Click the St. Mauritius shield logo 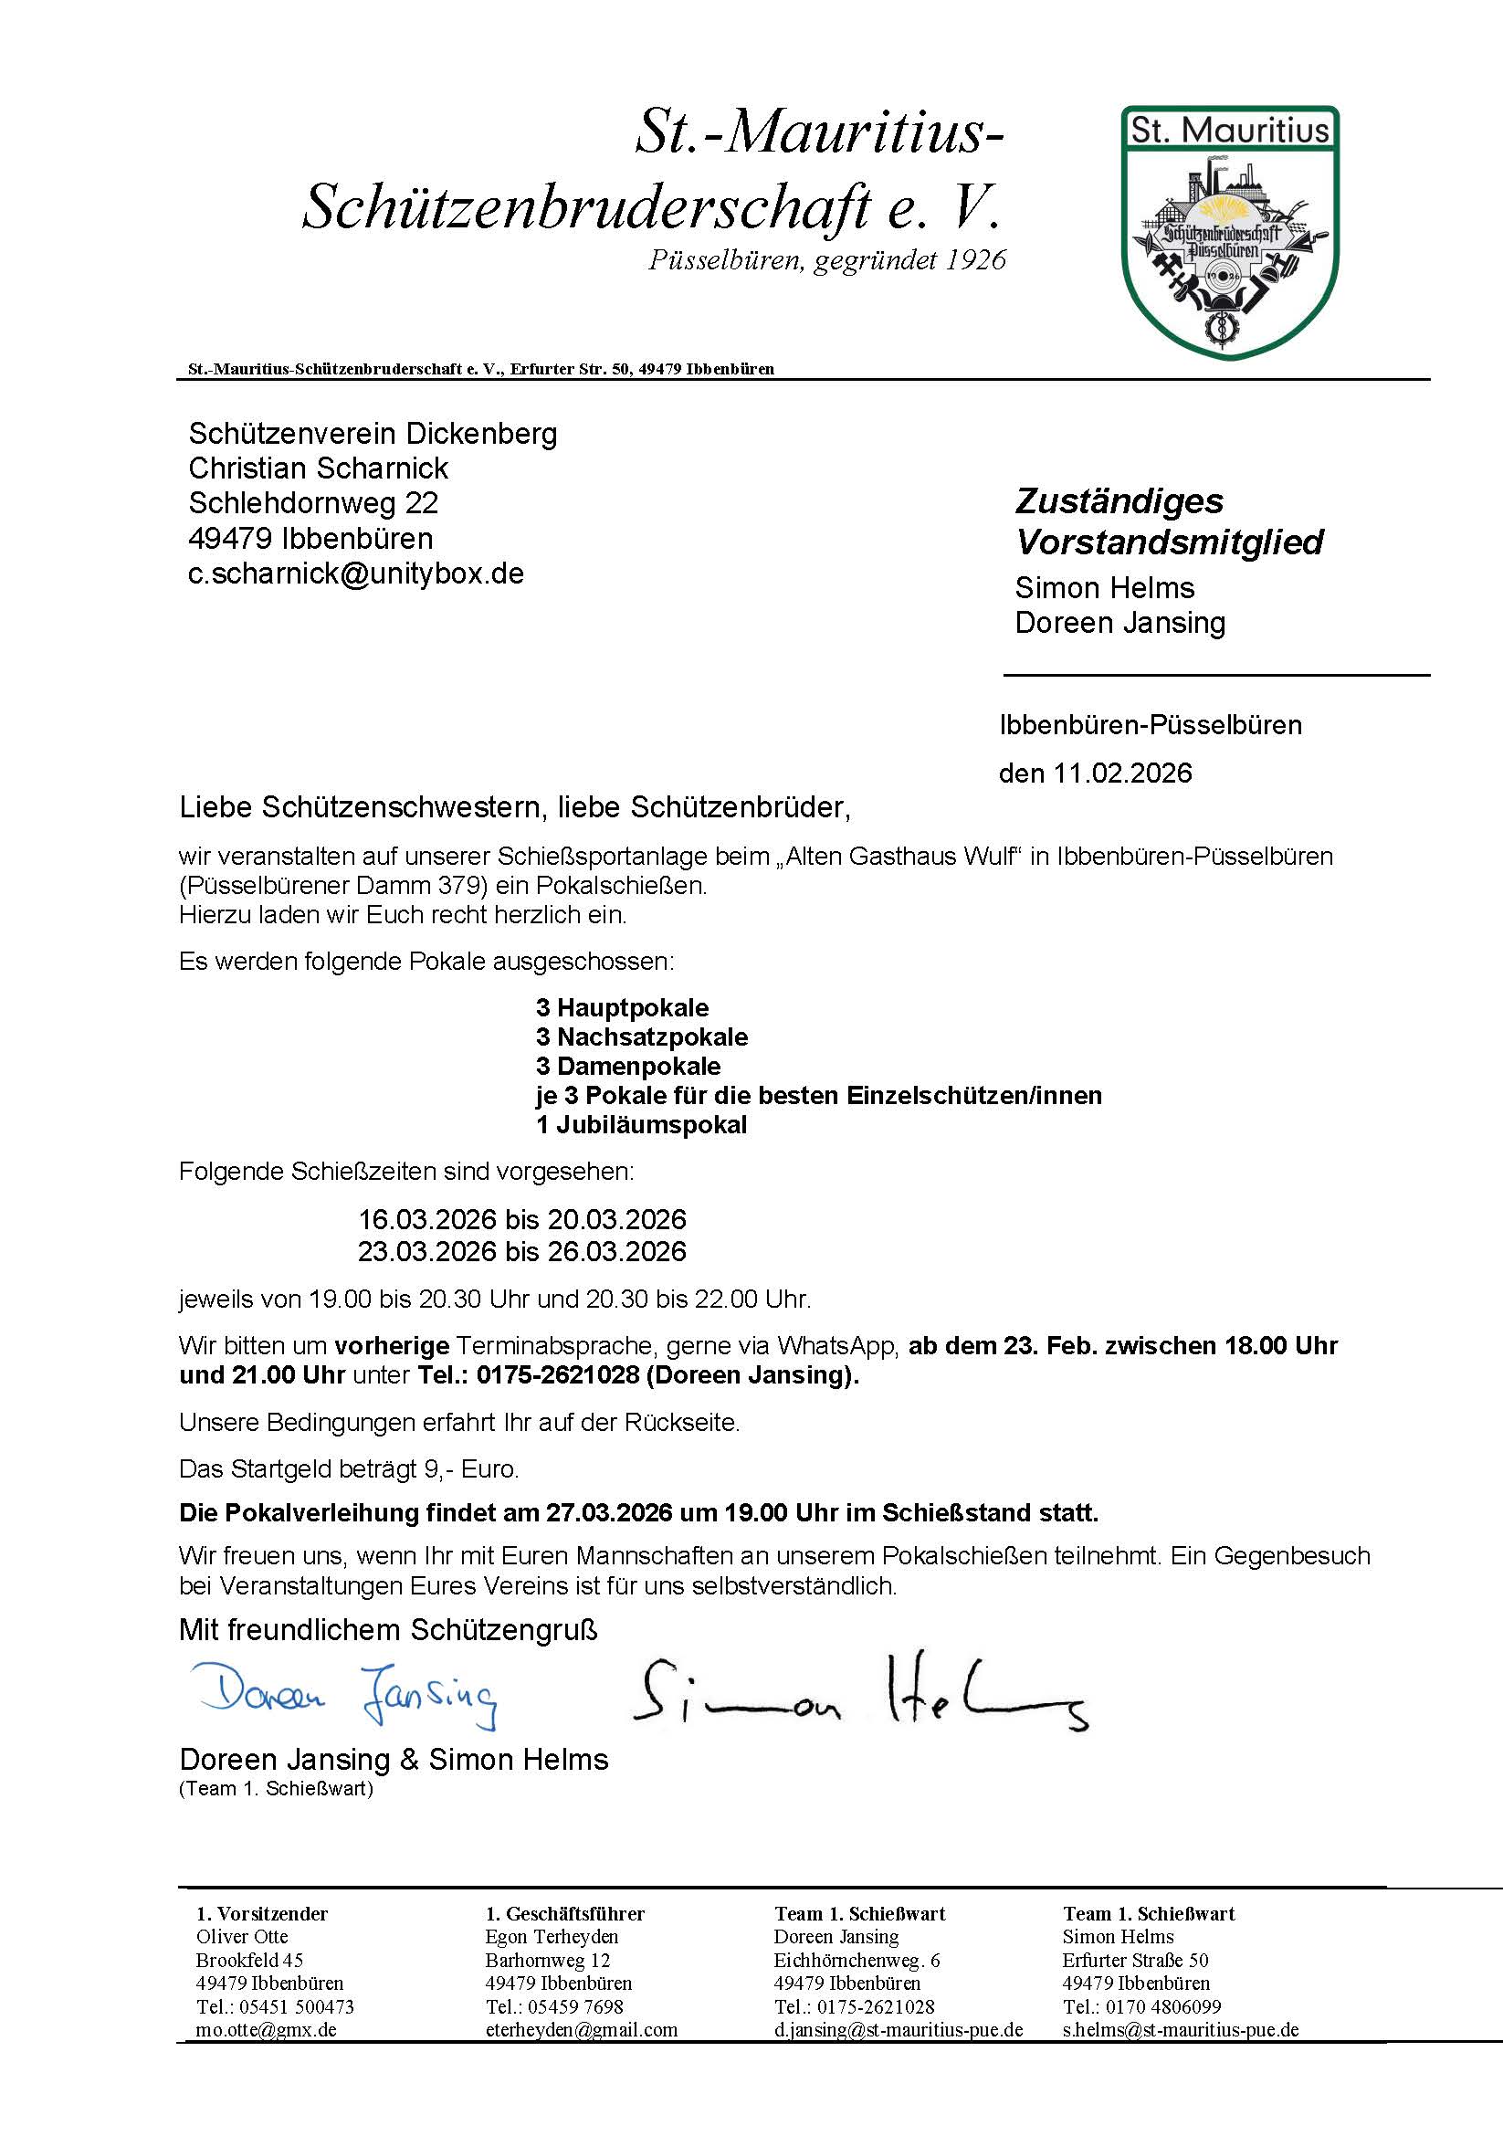pyautogui.click(x=1230, y=231)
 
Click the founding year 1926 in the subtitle pyautogui.click(x=976, y=260)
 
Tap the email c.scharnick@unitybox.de pyautogui.click(x=356, y=573)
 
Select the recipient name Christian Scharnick pyautogui.click(x=318, y=468)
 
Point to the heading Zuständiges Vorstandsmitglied pyautogui.click(x=1168, y=521)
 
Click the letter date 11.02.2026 pyautogui.click(x=1122, y=773)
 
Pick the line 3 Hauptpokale pyautogui.click(x=622, y=1007)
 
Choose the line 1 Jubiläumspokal pyautogui.click(x=642, y=1125)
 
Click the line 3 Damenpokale pyautogui.click(x=629, y=1066)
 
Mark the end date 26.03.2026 pyautogui.click(x=616, y=1251)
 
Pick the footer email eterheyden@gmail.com pyautogui.click(x=582, y=2030)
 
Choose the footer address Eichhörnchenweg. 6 pyautogui.click(x=857, y=1960)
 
